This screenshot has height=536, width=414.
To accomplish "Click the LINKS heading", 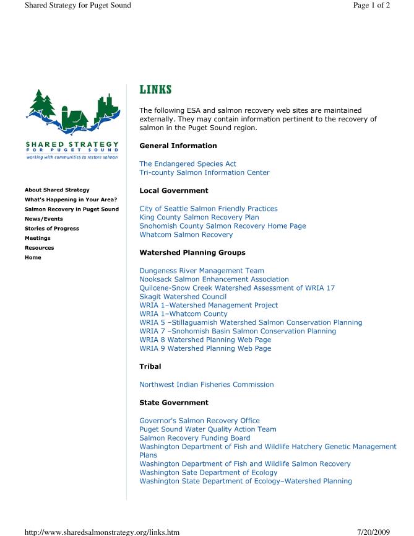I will click(155, 90).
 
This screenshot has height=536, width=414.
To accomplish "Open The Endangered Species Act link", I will click(188, 164).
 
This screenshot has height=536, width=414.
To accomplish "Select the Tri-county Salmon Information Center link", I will click(204, 173).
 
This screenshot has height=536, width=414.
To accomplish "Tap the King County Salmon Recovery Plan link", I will click(199, 217).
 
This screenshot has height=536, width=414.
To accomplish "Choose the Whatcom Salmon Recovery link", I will click(186, 235).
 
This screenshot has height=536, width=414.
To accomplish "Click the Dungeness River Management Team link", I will click(202, 271).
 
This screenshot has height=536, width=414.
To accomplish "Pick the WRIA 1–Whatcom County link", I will click(183, 314).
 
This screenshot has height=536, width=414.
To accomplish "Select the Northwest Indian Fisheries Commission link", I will click(206, 385).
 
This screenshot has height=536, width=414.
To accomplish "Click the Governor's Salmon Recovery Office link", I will click(199, 421).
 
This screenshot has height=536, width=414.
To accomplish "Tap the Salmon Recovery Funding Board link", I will click(195, 438).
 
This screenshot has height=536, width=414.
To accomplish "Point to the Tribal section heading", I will click(150, 367).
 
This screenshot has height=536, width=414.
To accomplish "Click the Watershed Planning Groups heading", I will click(192, 253).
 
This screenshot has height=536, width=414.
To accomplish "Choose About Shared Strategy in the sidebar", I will click(57, 190).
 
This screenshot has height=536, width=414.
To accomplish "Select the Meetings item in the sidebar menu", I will click(38, 238).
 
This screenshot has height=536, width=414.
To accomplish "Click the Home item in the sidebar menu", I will click(33, 257).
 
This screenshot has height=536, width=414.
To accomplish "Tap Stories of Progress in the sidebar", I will click(51, 229).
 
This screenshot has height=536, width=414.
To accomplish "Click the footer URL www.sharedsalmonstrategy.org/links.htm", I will click(101, 531).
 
